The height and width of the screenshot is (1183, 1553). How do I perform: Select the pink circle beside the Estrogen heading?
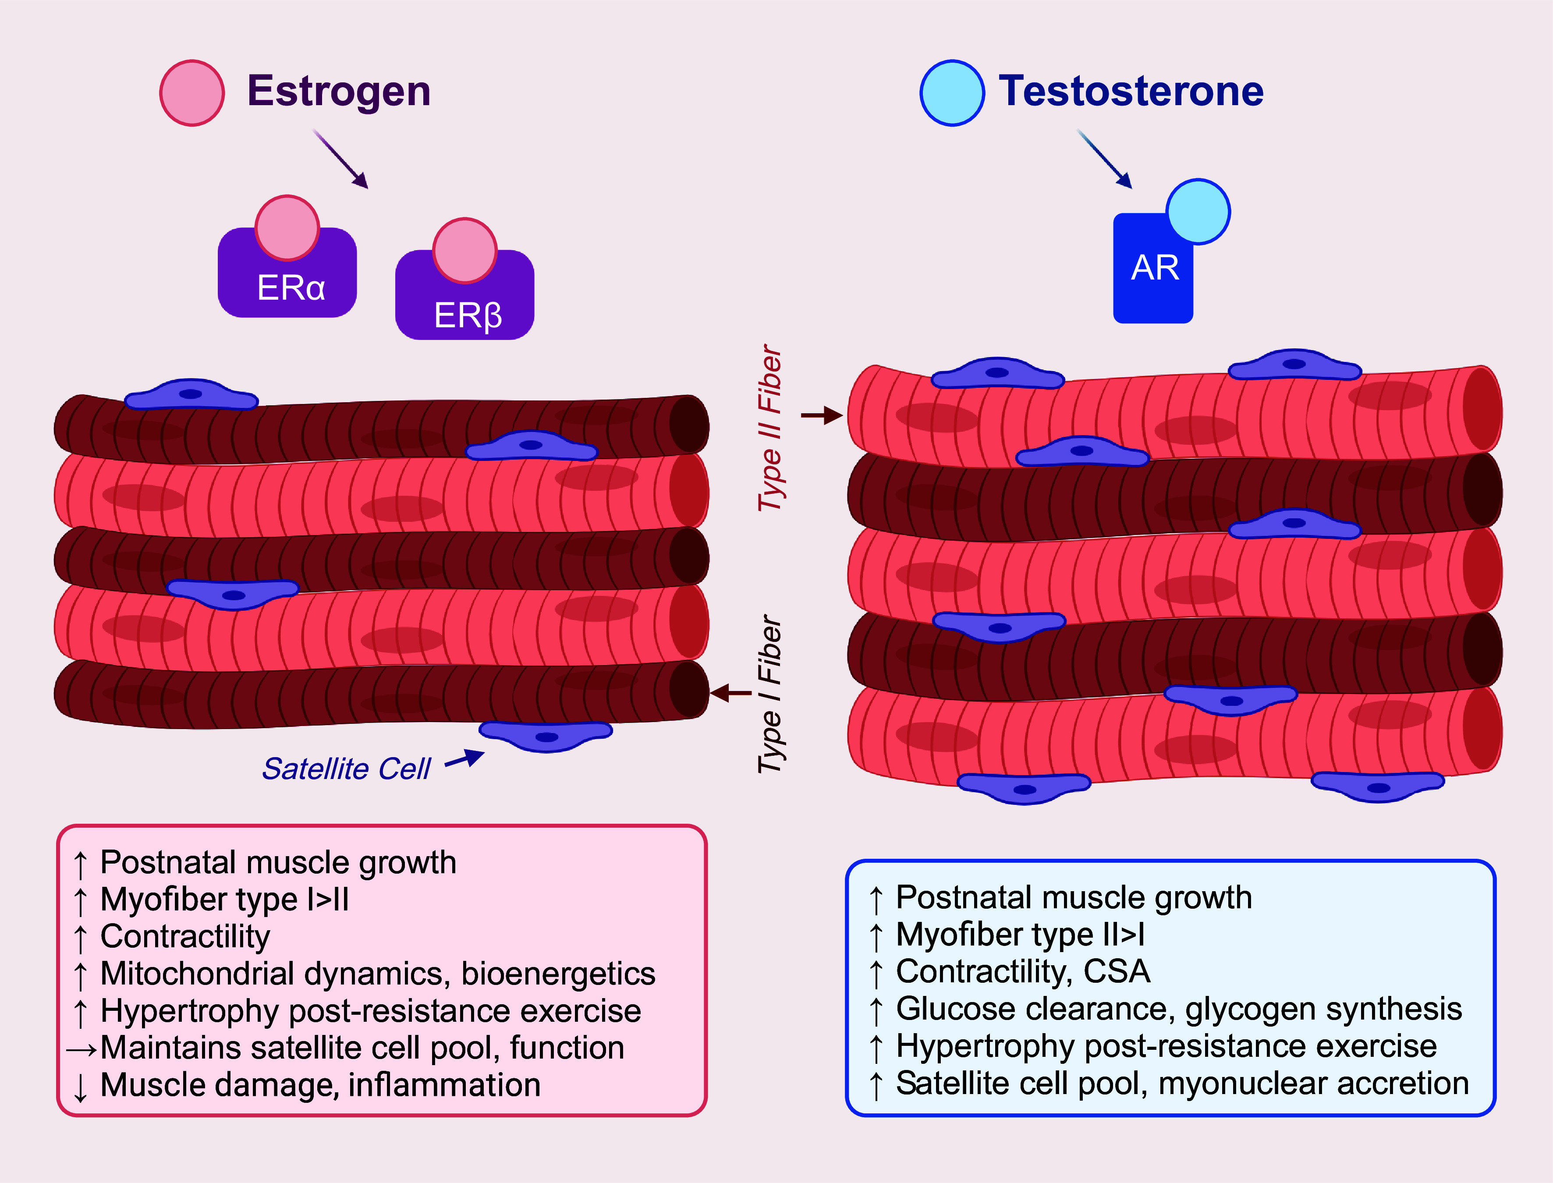tap(191, 93)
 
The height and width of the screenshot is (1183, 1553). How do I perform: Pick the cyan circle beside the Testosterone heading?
tap(952, 93)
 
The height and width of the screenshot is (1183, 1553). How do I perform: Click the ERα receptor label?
tap(291, 287)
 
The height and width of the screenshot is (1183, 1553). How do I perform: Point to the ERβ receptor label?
tap(468, 315)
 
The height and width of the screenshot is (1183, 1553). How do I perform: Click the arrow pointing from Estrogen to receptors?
tap(341, 159)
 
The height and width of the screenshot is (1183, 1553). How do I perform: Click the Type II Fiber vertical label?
tap(770, 428)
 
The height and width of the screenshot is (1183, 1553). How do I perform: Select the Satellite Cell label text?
tap(346, 769)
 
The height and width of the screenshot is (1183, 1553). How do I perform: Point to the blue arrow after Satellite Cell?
tap(465, 759)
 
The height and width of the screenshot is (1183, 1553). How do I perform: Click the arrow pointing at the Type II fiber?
tap(822, 415)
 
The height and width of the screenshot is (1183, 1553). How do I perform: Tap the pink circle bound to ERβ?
tap(465, 251)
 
